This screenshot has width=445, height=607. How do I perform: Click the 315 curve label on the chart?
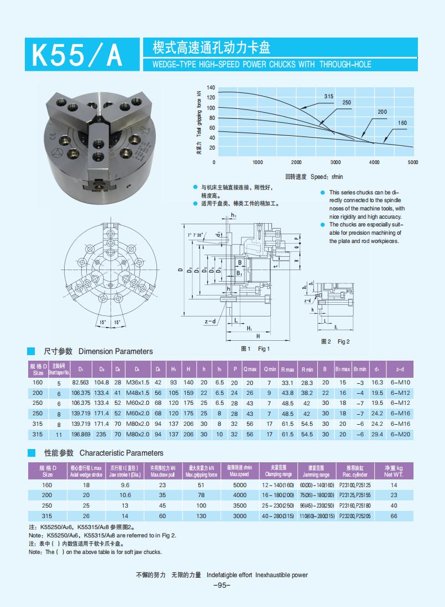click(x=328, y=96)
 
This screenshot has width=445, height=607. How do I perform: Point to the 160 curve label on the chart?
click(x=402, y=123)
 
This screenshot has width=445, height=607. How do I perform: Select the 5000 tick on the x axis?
click(x=413, y=162)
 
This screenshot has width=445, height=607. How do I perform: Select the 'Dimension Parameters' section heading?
click(x=116, y=351)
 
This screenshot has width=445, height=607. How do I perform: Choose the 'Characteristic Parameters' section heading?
click(x=121, y=453)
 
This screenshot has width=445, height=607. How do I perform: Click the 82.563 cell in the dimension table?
click(x=81, y=382)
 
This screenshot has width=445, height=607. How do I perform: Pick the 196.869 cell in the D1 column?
click(x=81, y=435)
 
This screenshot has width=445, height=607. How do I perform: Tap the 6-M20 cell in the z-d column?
click(x=400, y=435)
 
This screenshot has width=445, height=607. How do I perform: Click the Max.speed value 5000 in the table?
click(x=240, y=485)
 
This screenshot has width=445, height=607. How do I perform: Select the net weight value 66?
click(x=394, y=516)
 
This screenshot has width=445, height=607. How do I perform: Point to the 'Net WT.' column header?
click(x=394, y=474)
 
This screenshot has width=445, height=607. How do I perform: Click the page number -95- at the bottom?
click(x=222, y=586)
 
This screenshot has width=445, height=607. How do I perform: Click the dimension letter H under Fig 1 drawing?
click(x=258, y=336)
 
